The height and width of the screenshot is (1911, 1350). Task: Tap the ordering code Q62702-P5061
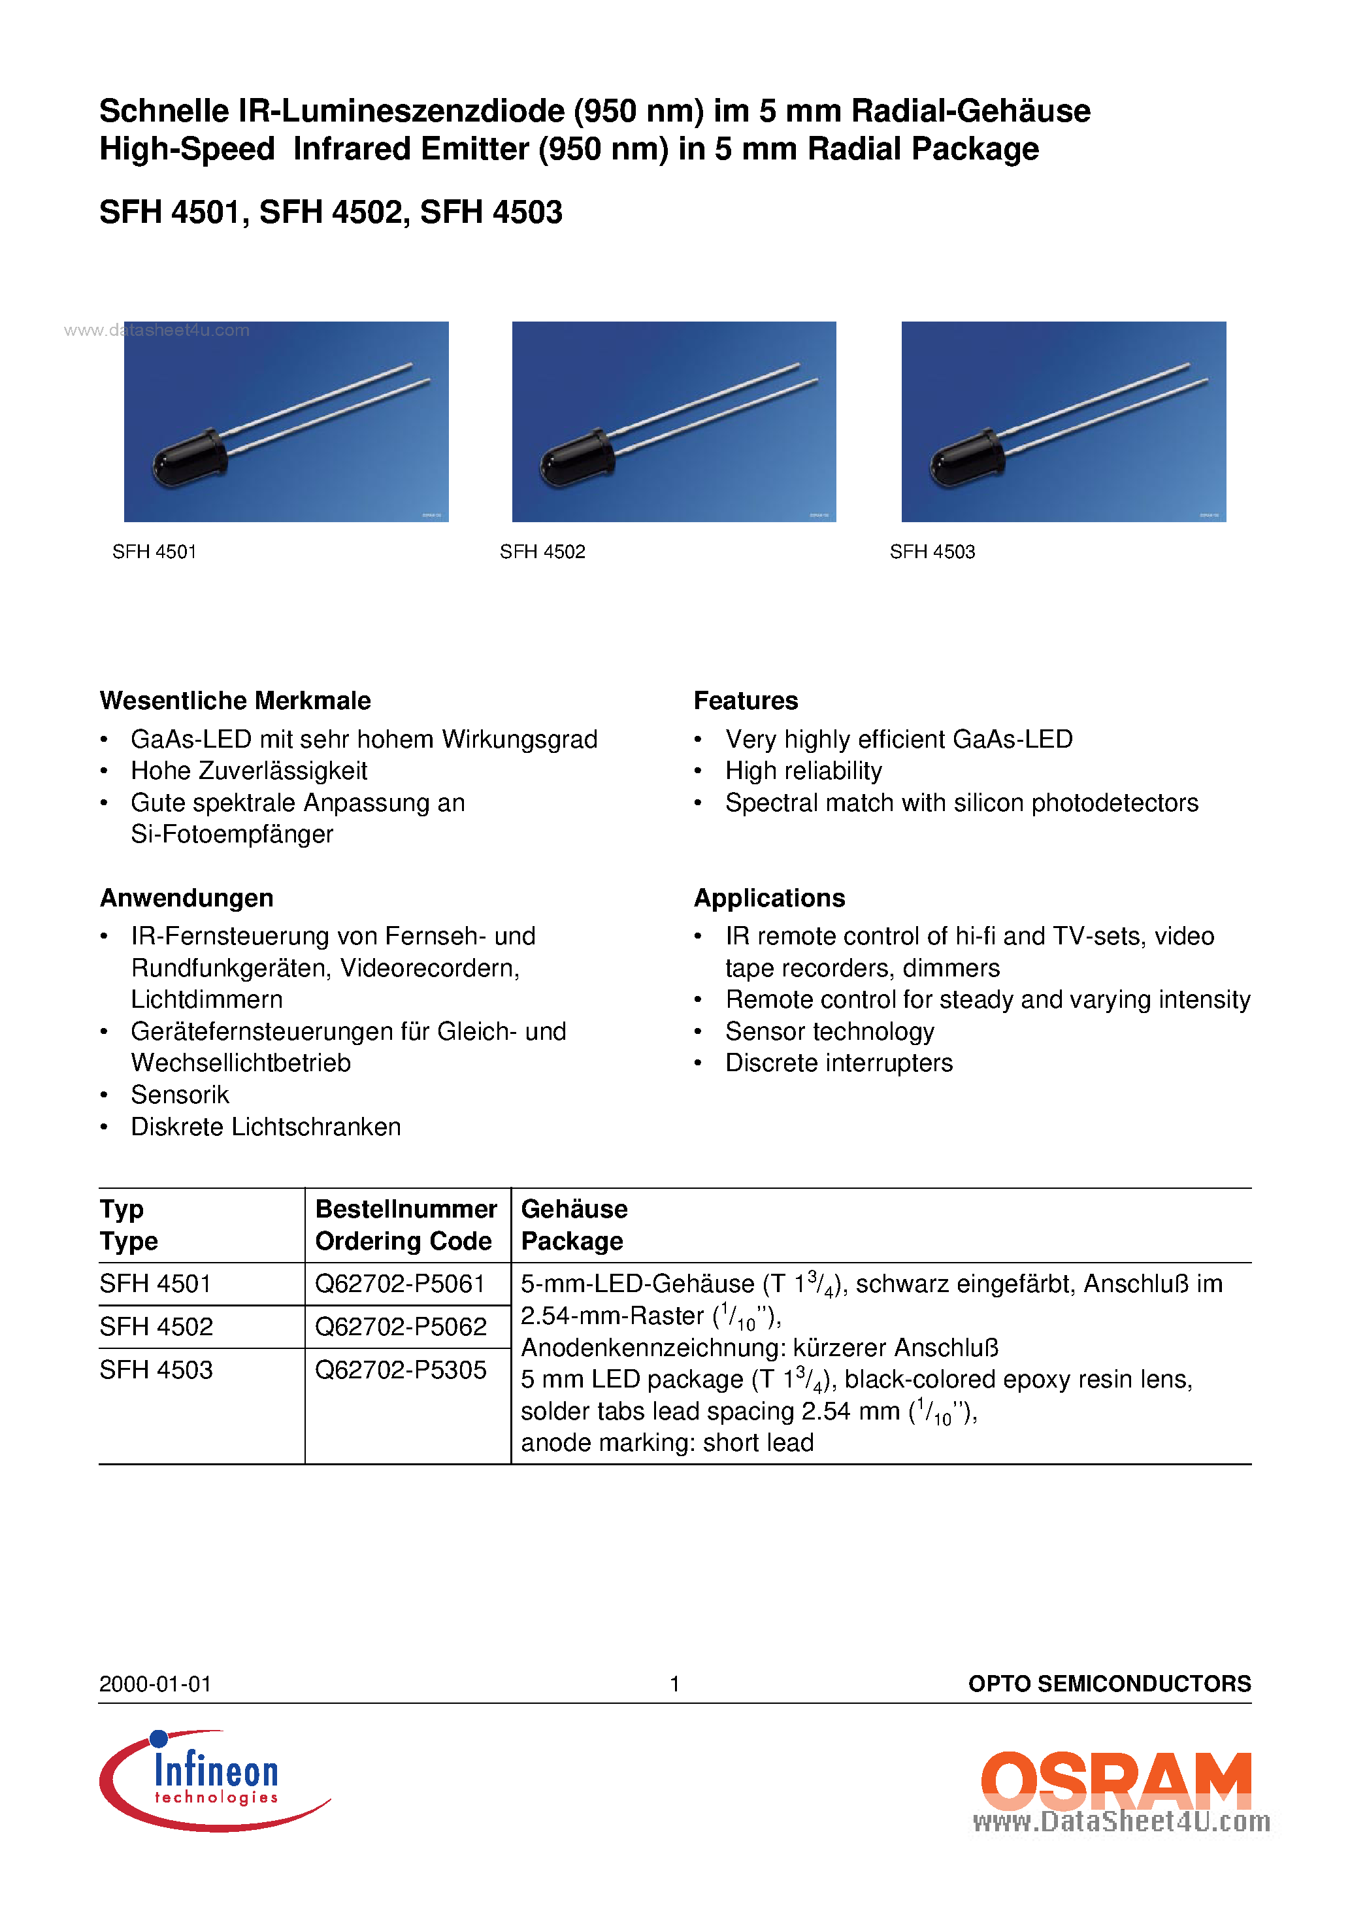(x=399, y=1284)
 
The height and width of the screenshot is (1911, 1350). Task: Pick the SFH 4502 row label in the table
(x=156, y=1326)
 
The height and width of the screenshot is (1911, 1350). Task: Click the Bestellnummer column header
(x=405, y=1208)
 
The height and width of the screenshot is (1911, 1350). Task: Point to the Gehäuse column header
(x=574, y=1208)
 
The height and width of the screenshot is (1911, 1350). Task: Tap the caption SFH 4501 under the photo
(x=154, y=551)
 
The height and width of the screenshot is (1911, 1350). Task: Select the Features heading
(x=745, y=700)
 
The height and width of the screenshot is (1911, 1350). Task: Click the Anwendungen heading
(x=186, y=897)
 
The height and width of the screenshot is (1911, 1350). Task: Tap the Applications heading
(x=769, y=897)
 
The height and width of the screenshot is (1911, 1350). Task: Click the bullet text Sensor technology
(x=829, y=1031)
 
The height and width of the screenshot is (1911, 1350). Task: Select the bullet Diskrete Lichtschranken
(x=265, y=1126)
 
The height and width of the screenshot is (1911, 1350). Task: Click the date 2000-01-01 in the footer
(x=155, y=1684)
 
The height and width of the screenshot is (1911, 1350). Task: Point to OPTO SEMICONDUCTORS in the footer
(x=1109, y=1684)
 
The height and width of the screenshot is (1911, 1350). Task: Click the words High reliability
(x=803, y=771)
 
